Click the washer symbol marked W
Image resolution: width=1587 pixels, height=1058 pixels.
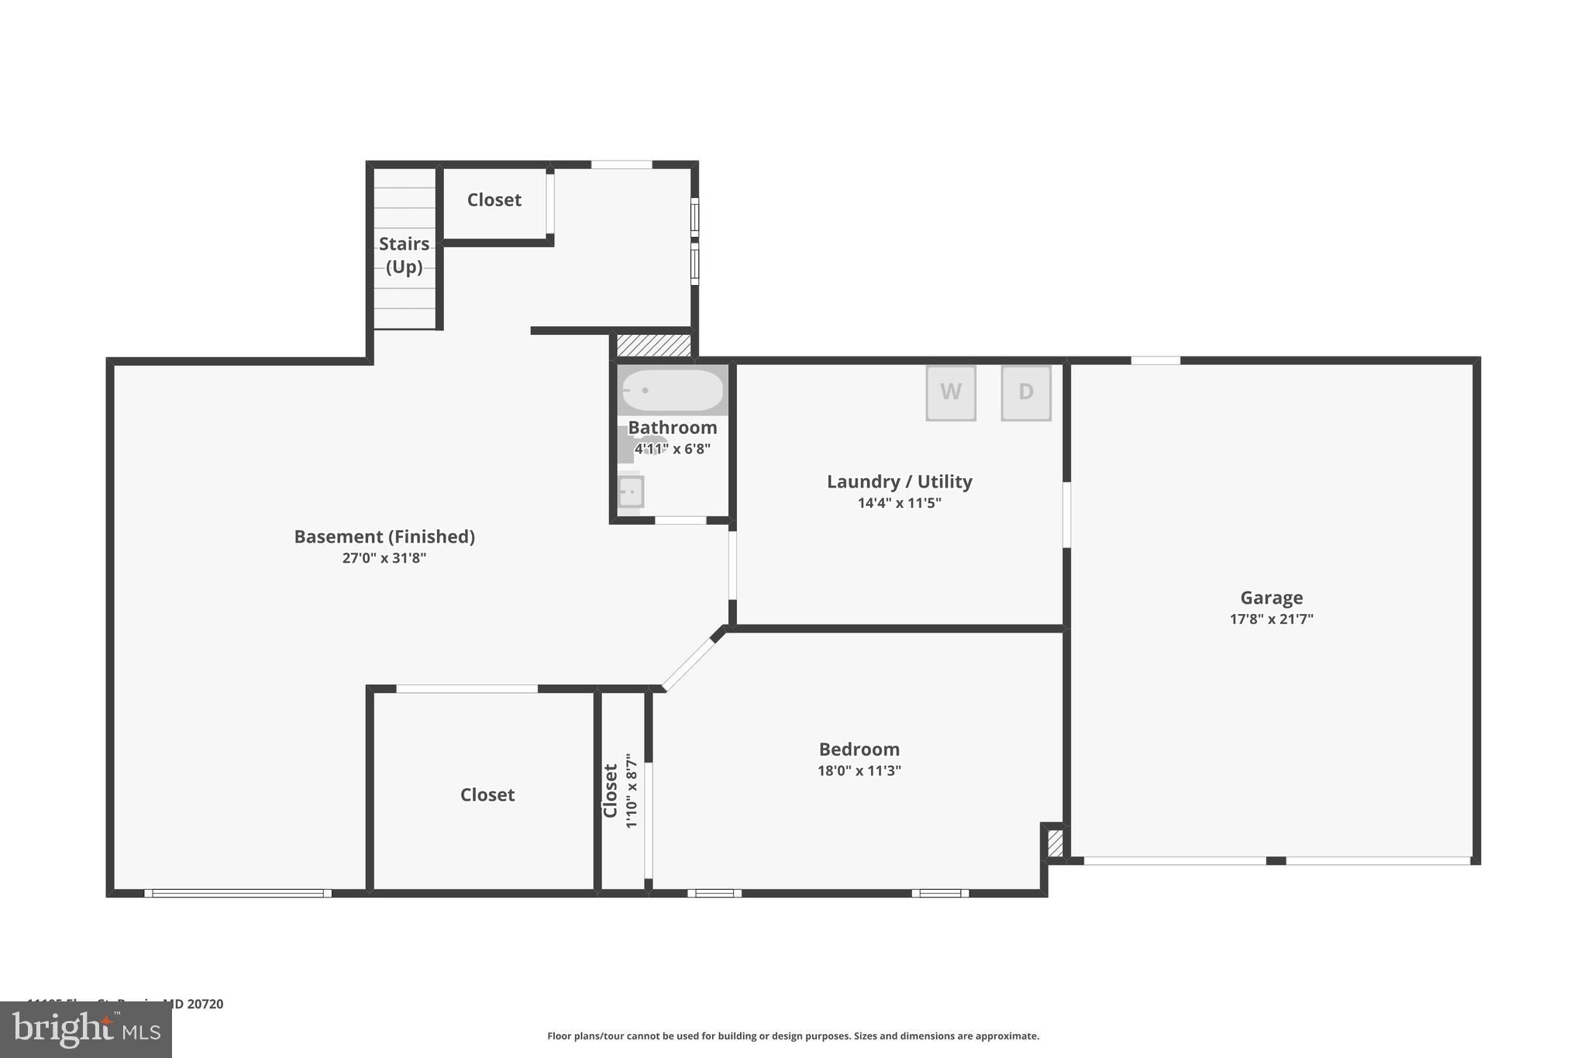pyautogui.click(x=950, y=393)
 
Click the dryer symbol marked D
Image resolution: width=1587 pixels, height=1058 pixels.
pyautogui.click(x=1025, y=393)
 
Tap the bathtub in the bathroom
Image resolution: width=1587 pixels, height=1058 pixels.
pyautogui.click(x=673, y=390)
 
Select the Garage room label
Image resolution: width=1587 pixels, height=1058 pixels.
pyautogui.click(x=1271, y=598)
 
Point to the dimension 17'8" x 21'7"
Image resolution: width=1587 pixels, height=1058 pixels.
pyautogui.click(x=1271, y=619)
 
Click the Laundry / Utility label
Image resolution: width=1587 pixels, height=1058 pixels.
pyautogui.click(x=899, y=481)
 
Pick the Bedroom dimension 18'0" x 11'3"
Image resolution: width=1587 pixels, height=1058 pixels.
pyautogui.click(x=859, y=770)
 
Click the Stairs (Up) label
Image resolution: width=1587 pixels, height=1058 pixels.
pyautogui.click(x=404, y=255)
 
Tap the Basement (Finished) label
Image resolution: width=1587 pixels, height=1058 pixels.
pyautogui.click(x=384, y=536)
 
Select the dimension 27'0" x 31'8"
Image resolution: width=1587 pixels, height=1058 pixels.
pyautogui.click(x=384, y=558)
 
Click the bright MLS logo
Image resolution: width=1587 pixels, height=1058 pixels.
pyautogui.click(x=86, y=1029)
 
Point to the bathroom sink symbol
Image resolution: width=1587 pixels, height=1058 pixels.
pyautogui.click(x=631, y=491)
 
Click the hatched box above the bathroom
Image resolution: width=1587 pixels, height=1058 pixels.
pyautogui.click(x=653, y=346)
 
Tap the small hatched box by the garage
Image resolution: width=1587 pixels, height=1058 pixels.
pyautogui.click(x=1055, y=843)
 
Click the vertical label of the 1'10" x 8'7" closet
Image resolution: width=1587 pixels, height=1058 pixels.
pyautogui.click(x=611, y=791)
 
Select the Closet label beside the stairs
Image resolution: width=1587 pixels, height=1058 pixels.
pyautogui.click(x=494, y=200)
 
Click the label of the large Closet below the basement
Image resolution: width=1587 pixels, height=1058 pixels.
pyautogui.click(x=487, y=794)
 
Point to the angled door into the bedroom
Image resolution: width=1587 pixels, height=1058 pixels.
pyautogui.click(x=689, y=663)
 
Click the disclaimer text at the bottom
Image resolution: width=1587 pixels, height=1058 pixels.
pyautogui.click(x=793, y=1036)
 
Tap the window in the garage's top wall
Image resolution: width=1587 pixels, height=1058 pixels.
pyautogui.click(x=1155, y=360)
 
